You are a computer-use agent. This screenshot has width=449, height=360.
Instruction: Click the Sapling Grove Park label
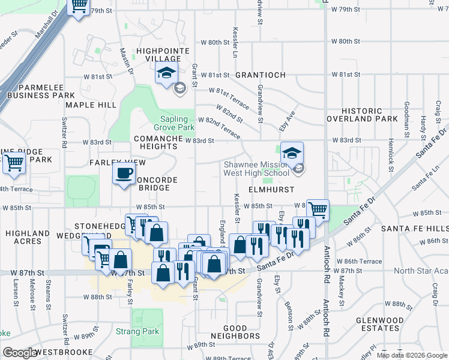(178, 123)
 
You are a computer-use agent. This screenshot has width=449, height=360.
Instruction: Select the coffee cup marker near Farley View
(124, 175)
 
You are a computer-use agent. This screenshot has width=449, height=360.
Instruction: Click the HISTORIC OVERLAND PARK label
(362, 115)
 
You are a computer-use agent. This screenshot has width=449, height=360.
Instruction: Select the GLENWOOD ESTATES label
(379, 324)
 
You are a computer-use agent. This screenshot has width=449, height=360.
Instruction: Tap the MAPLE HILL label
(91, 104)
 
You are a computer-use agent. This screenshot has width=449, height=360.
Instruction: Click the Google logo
(20, 353)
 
